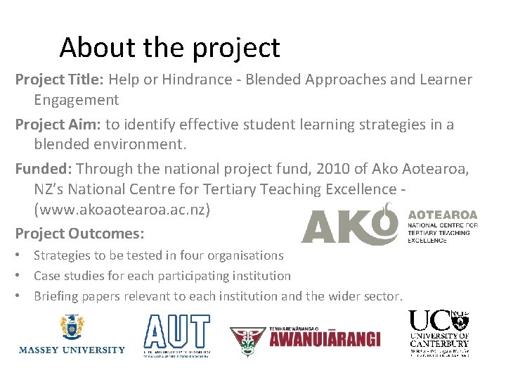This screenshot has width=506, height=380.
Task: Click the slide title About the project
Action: pos(169,47)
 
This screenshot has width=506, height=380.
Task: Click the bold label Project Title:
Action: pos(58,80)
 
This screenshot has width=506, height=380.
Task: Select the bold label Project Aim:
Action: pos(58,125)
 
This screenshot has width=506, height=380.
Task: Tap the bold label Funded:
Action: pos(44,169)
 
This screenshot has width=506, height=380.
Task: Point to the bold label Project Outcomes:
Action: pos(79,233)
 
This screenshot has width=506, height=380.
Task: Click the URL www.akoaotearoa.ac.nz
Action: pos(122,210)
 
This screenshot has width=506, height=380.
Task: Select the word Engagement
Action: pos(77,100)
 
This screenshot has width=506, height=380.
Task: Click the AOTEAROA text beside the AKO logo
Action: pos(442,215)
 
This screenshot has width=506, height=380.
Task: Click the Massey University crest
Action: pos(71,327)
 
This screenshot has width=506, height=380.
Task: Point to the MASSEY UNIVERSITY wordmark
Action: pos(72,350)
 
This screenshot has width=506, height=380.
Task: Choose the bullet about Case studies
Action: pos(162,276)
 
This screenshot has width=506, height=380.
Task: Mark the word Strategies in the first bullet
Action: pos(63,255)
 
